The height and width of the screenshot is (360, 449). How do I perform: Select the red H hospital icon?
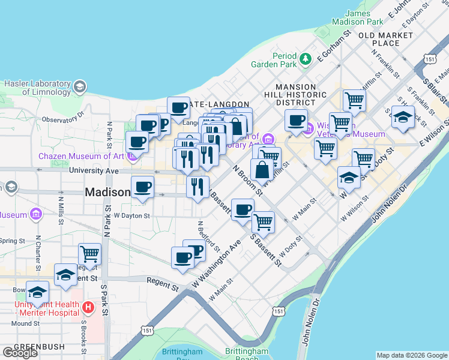pos(88,308)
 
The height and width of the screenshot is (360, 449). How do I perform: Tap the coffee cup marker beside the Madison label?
pos(142,188)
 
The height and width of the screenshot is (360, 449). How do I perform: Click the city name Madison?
pos(107,193)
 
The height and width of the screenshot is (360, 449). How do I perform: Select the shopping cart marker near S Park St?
pos(89,254)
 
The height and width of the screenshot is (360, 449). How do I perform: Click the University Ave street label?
pos(94,170)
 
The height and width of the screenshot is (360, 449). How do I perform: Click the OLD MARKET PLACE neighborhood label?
pos(386,39)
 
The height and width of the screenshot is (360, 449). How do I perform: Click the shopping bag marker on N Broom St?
pos(262,170)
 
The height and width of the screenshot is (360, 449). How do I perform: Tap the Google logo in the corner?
pos(20,352)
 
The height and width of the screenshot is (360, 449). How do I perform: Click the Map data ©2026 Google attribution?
pos(412,355)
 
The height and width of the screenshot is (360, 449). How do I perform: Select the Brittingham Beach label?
pos(247,355)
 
